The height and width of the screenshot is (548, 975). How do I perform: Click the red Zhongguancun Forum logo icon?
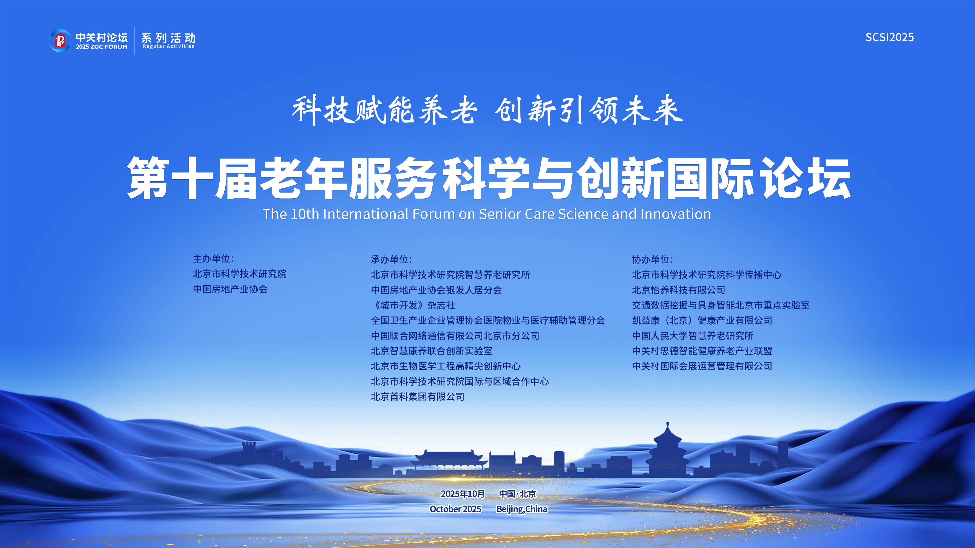click(60, 41)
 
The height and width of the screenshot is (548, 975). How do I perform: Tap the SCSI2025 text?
click(889, 37)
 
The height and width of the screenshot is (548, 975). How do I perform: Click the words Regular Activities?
click(168, 46)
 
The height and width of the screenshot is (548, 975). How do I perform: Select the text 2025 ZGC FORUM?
click(101, 47)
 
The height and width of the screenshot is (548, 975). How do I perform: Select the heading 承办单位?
click(391, 259)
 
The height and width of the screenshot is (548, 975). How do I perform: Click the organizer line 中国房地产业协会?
click(230, 289)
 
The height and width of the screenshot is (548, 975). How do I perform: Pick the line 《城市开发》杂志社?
click(413, 305)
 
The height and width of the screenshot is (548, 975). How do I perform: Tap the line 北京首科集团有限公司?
click(418, 397)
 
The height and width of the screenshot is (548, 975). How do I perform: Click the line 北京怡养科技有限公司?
click(679, 290)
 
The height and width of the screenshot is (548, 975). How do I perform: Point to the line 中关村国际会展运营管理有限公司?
click(702, 366)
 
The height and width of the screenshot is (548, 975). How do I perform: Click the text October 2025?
click(455, 509)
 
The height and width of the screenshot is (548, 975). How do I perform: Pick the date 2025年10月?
click(463, 494)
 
